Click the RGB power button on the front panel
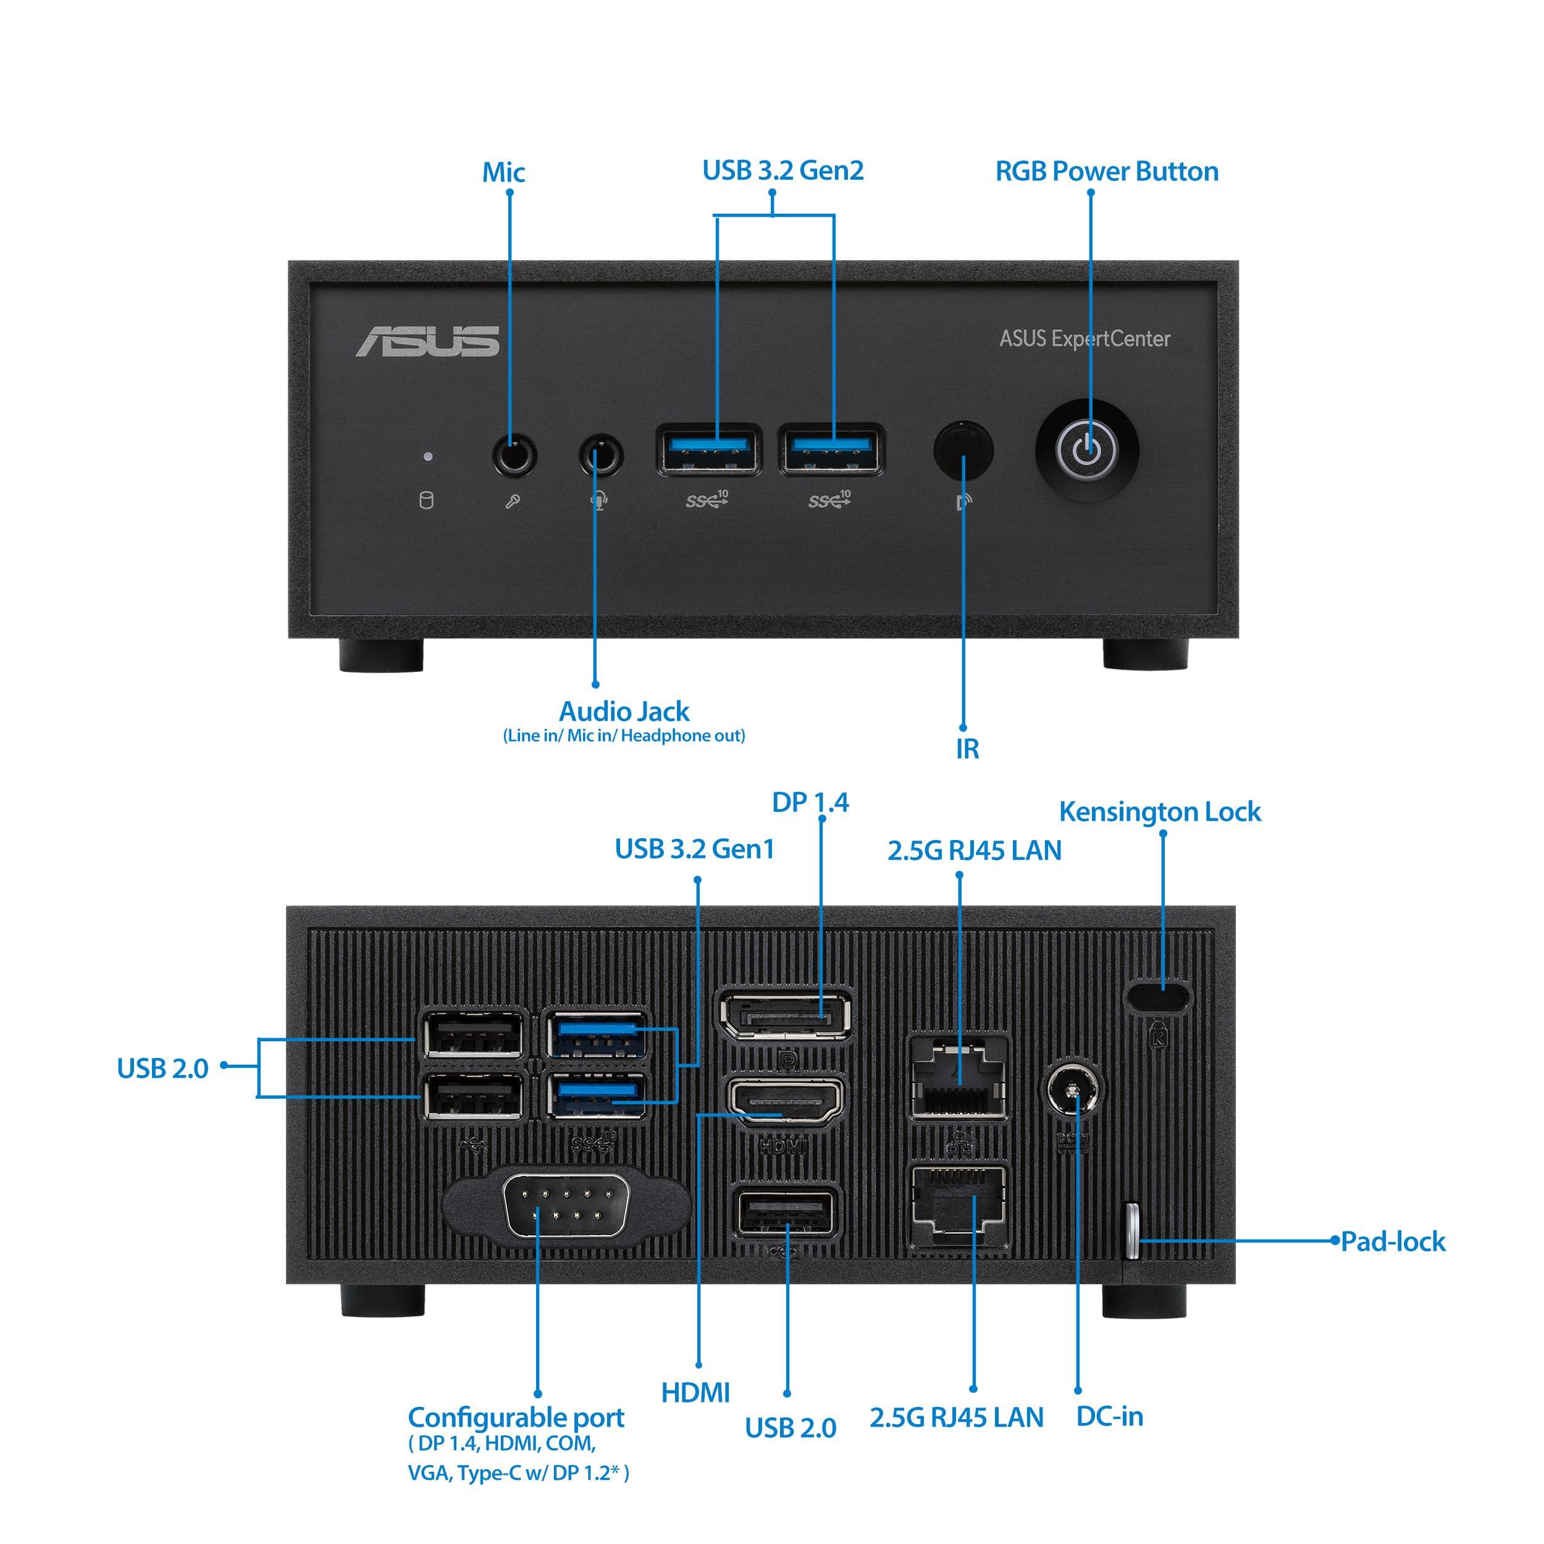coord(1086,451)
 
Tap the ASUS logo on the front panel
coord(427,342)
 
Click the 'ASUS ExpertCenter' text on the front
coord(1085,339)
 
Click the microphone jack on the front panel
coord(514,456)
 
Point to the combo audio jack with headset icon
coord(600,457)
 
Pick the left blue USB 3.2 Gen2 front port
coord(708,451)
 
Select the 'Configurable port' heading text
coord(516,1418)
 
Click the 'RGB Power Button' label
coord(1106,171)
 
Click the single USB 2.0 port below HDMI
coord(786,1215)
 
